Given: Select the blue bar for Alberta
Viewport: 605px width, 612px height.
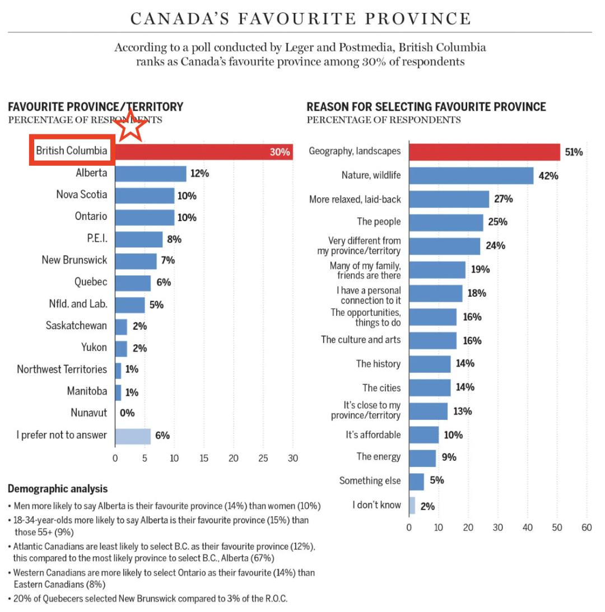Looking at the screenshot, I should click(x=150, y=174).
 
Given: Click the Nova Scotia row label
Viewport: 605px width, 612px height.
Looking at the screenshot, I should click(x=81, y=195).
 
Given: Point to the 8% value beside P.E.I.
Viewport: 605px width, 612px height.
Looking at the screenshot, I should click(x=174, y=239).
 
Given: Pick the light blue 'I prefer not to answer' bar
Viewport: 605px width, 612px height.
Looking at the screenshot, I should click(x=133, y=435).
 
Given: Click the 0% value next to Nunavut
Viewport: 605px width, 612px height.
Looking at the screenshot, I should click(x=127, y=413).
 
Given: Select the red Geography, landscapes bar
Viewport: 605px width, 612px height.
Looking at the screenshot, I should click(x=484, y=152).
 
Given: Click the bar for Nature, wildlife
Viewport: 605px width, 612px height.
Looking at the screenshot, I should click(x=471, y=176).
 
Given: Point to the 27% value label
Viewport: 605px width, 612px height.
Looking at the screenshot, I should click(x=503, y=199).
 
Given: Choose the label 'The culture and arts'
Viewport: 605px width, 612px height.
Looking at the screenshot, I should click(x=361, y=340).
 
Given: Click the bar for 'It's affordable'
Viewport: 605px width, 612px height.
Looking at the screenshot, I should click(x=424, y=435).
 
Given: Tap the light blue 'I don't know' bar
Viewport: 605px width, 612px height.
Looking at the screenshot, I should click(x=412, y=506).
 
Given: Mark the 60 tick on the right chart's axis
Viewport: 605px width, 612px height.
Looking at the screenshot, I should click(x=587, y=527).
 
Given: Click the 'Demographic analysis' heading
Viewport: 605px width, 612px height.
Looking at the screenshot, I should click(x=58, y=489).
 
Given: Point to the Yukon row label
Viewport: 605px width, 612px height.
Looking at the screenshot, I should click(x=94, y=347).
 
